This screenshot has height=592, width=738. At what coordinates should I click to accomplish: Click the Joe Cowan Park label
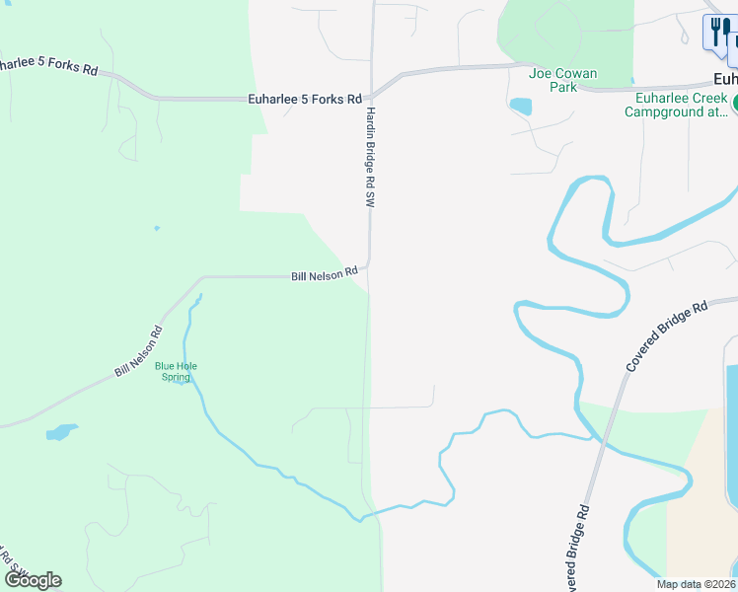(x=553, y=80)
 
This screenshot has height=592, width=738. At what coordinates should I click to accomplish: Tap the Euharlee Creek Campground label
(x=676, y=105)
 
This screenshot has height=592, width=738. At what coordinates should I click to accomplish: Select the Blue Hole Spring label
(x=176, y=371)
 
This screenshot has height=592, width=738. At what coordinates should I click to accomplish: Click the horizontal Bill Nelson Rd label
(x=324, y=276)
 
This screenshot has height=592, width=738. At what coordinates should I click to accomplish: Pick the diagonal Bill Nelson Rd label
(x=137, y=352)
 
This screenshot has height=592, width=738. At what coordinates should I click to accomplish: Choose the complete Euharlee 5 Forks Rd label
(x=304, y=99)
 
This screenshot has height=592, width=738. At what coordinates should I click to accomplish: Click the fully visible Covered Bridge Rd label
(x=666, y=337)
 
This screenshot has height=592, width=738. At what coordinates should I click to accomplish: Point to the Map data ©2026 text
(x=696, y=584)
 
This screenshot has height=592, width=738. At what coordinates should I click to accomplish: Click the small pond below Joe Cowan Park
(x=520, y=106)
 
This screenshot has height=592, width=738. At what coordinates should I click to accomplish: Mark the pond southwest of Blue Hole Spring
(x=60, y=432)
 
